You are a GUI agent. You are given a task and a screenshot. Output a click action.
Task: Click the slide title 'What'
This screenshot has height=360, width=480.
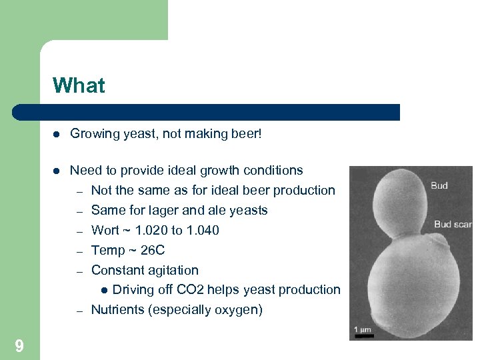point(79,86)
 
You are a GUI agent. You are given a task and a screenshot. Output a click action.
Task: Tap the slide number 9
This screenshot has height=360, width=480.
point(19,345)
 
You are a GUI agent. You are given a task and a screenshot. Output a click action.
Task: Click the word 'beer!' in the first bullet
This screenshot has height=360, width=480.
point(246,134)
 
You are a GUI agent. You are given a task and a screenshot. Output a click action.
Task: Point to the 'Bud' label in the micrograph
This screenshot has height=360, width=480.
point(439,185)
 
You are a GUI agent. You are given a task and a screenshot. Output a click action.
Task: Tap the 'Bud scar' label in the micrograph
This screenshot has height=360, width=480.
point(453,224)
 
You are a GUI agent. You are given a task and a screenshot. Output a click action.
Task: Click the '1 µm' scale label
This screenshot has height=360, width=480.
point(363,329)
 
